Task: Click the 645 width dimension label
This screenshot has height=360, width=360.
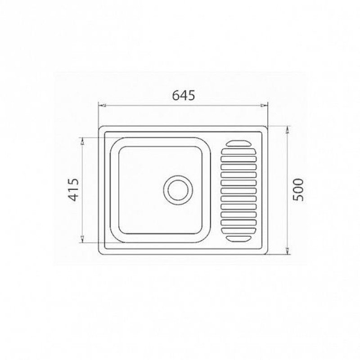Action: (184, 95)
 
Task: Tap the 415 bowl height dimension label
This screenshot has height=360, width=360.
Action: (74, 189)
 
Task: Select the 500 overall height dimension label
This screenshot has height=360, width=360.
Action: (298, 189)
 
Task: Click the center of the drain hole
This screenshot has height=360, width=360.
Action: (178, 190)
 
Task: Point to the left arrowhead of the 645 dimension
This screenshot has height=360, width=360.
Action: (102, 106)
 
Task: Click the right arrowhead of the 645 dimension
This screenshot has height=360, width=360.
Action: (264, 106)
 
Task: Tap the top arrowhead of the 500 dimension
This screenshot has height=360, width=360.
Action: (288, 130)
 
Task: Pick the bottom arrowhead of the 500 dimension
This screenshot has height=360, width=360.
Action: (288, 251)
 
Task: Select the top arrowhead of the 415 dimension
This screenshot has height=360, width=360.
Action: (82, 141)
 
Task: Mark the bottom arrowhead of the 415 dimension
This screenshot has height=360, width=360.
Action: (82, 239)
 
